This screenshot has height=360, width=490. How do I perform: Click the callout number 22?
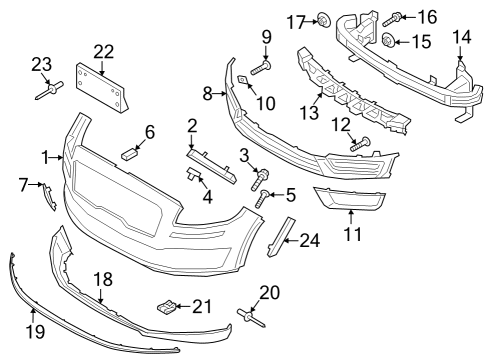click(x=104, y=51)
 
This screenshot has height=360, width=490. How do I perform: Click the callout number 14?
click(x=461, y=38)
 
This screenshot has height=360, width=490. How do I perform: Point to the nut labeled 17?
click(x=326, y=20)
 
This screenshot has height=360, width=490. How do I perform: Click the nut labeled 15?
click(x=389, y=41)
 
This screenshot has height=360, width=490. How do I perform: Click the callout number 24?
click(x=311, y=240)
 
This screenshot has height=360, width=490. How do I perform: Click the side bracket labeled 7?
click(x=46, y=194)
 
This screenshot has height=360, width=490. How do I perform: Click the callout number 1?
click(x=45, y=157)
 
